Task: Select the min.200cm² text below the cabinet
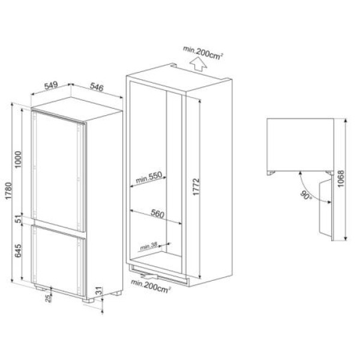click(x=151, y=289)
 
